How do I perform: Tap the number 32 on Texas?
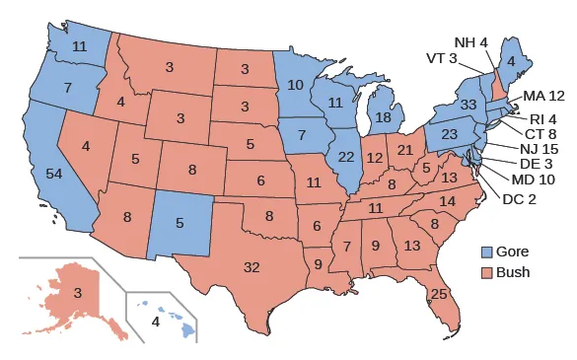(252, 267)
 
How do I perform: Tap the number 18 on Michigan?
(385, 117)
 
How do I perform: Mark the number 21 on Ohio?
(404, 150)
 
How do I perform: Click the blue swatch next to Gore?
(486, 253)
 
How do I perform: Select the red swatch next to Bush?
(486, 272)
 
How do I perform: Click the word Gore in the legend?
(515, 253)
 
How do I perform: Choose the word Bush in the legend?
(514, 272)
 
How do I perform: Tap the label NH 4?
(470, 42)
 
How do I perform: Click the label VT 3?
(441, 58)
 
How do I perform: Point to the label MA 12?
(543, 96)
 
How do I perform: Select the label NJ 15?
(538, 148)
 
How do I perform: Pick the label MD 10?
(534, 180)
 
